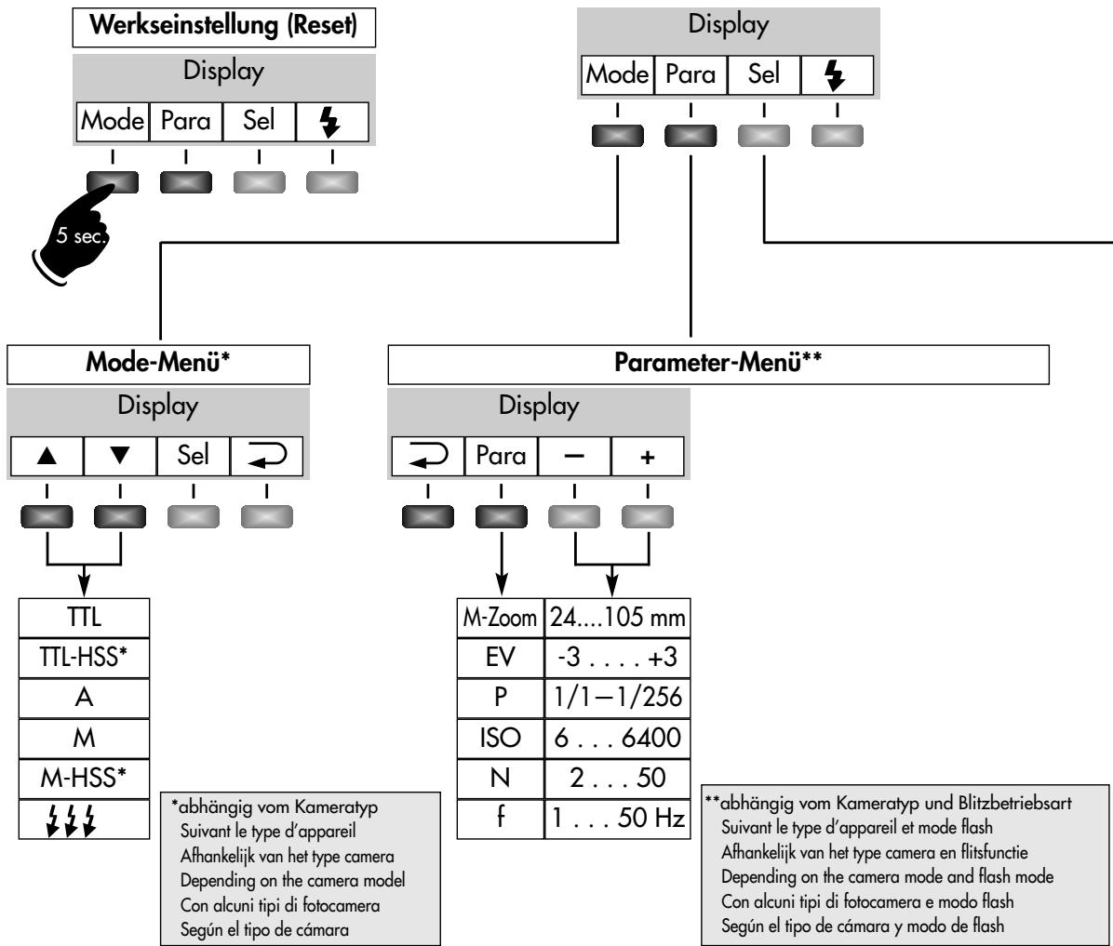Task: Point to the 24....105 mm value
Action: tap(615, 616)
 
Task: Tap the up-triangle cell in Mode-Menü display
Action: tap(47, 457)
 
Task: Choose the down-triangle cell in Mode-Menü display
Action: tap(120, 457)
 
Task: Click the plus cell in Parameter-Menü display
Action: tap(648, 457)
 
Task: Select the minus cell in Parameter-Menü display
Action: tap(574, 457)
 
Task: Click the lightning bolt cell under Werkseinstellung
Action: tap(332, 120)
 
